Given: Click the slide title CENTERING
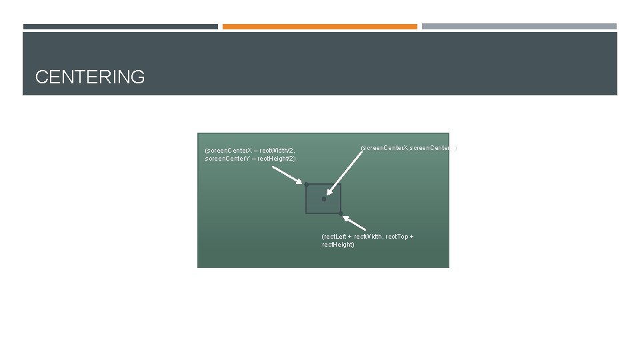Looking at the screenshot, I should tap(90, 77).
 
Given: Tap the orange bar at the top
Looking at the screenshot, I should tap(319, 27).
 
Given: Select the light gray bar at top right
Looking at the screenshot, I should tap(519, 27).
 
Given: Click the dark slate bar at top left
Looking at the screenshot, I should tap(121, 27).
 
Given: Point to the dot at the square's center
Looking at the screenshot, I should tap(324, 199).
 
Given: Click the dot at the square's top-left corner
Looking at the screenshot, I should tap(307, 184).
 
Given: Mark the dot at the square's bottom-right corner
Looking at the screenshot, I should tap(341, 213).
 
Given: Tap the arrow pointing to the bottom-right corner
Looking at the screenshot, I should tap(356, 221).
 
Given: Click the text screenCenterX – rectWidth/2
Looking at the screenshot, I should tap(250, 151).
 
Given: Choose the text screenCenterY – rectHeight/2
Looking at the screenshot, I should tap(250, 159).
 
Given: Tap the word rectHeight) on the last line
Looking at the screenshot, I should tap(338, 245).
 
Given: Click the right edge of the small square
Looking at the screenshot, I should tap(341, 199).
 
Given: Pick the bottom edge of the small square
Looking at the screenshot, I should tap(324, 213).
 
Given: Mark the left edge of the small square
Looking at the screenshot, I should tap(307, 199).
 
